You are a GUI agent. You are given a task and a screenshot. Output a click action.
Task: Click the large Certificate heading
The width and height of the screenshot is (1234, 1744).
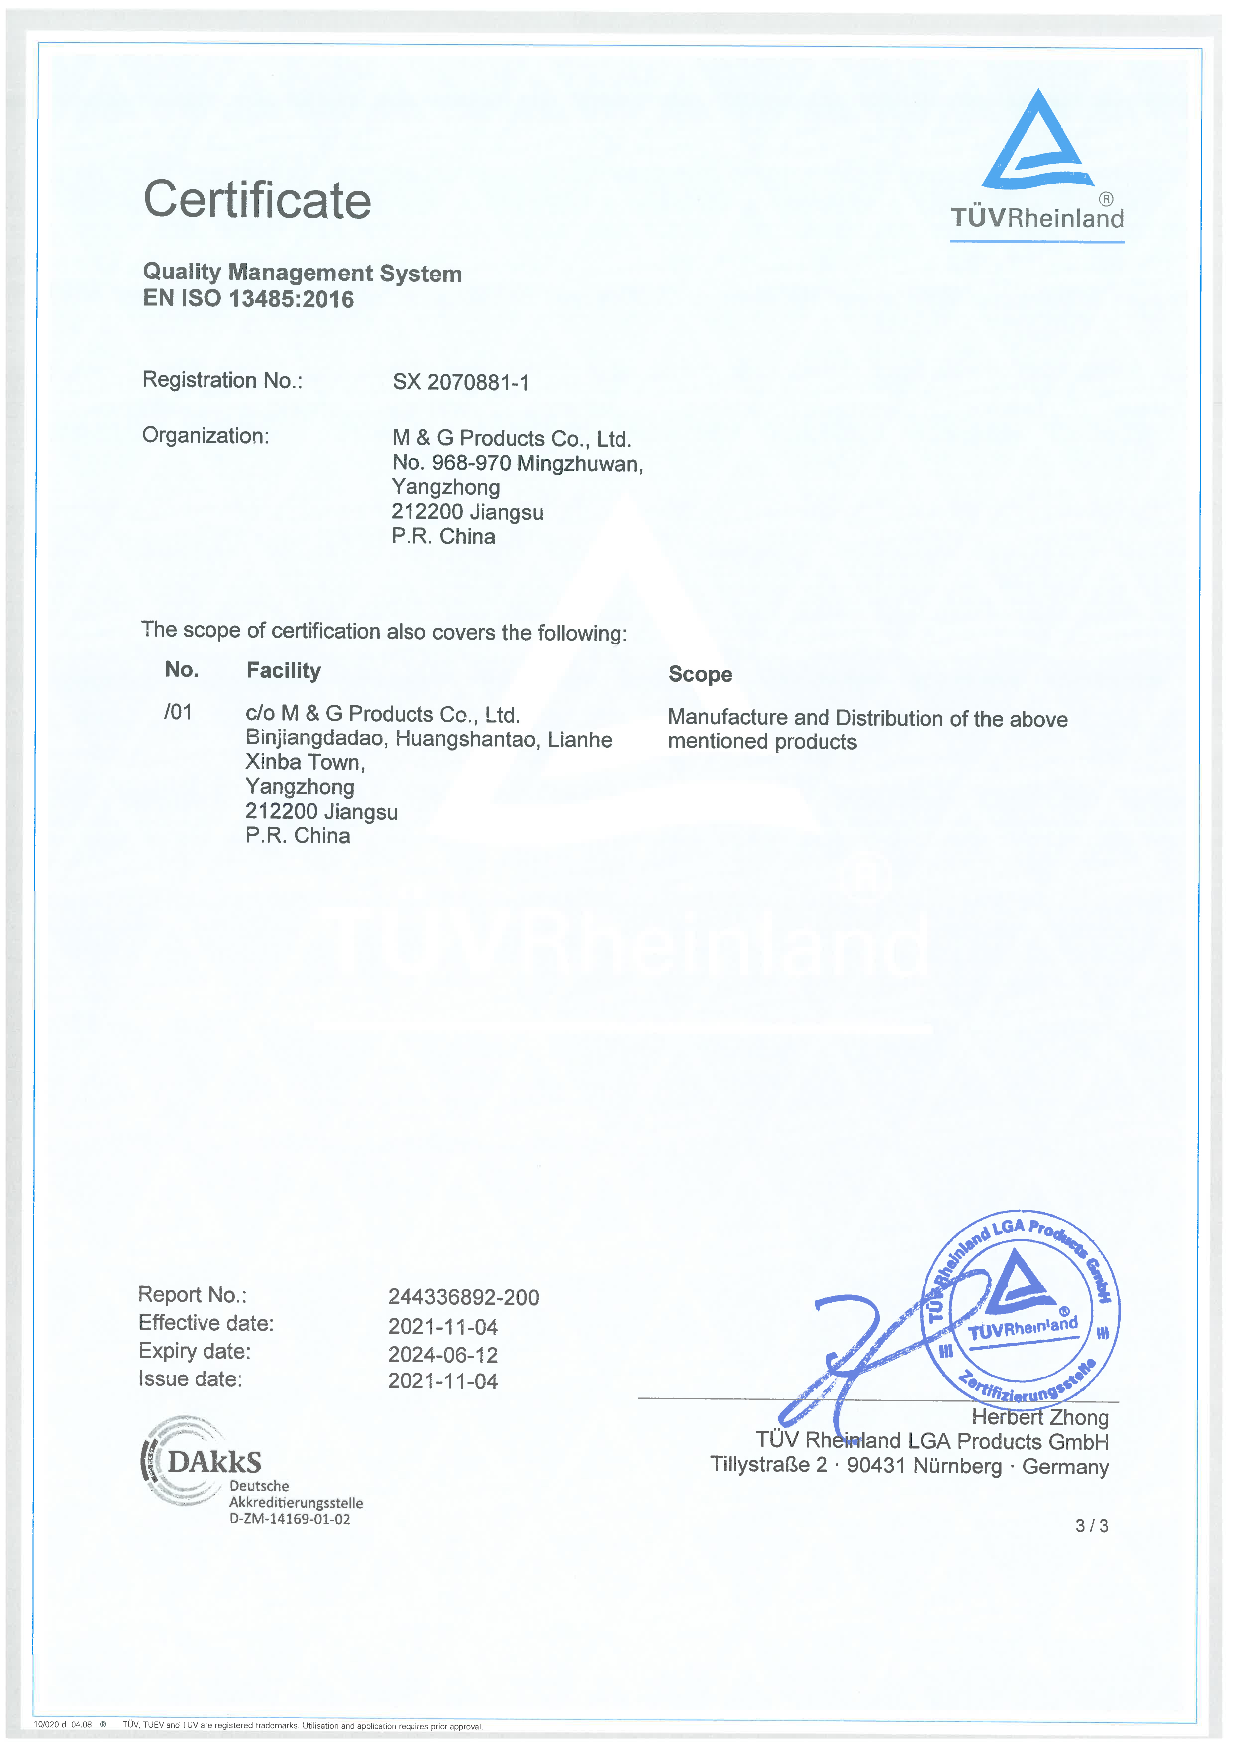coord(257,200)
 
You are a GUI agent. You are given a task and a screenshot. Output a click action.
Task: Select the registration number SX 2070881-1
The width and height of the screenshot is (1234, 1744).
coord(460,382)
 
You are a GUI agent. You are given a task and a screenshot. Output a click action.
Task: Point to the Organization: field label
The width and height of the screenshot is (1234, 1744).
coord(205,436)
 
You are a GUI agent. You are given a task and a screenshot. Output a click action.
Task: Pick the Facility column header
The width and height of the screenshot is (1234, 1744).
coord(284,671)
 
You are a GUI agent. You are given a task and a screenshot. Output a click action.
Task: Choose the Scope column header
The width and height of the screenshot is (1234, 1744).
coord(700,674)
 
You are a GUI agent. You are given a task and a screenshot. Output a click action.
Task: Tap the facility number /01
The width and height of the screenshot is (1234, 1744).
coord(178,713)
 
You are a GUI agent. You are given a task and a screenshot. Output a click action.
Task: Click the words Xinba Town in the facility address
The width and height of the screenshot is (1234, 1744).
coord(304,763)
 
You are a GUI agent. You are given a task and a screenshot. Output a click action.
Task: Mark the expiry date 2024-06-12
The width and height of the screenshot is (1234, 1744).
coord(442,1354)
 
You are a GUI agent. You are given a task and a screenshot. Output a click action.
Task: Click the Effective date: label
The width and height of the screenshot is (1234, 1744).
coord(205,1323)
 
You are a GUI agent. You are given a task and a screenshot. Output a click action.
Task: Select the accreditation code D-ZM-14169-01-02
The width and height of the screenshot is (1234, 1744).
coord(290,1519)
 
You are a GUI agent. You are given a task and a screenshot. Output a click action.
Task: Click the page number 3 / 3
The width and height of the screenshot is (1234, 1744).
coord(1091,1526)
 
